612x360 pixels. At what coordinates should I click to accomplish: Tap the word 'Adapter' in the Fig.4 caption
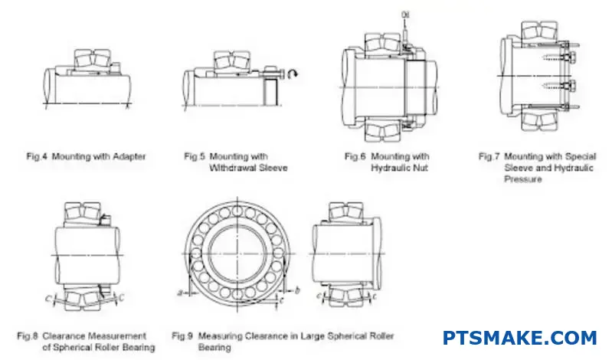click(128, 157)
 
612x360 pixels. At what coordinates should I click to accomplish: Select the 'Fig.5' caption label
click(195, 157)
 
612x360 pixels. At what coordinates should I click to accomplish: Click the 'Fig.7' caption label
click(489, 157)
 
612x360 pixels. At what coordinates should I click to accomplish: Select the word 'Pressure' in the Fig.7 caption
click(522, 179)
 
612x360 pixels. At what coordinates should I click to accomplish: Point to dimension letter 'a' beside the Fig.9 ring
click(178, 293)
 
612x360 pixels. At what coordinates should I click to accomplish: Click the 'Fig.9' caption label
click(182, 335)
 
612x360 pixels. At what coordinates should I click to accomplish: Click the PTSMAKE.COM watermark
click(519, 338)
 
